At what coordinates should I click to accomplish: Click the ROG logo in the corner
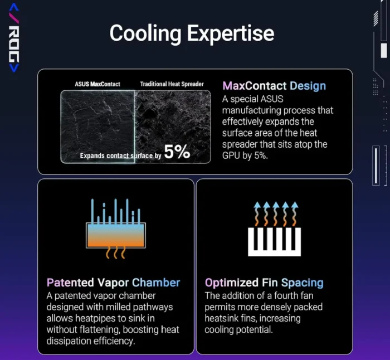pyautogui.click(x=14, y=37)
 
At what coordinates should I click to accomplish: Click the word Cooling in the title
pyautogui.click(x=145, y=34)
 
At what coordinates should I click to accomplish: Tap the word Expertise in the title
pyautogui.click(x=230, y=33)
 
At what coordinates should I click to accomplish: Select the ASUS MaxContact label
pyautogui.click(x=97, y=84)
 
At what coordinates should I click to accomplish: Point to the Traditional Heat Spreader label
pyautogui.click(x=172, y=84)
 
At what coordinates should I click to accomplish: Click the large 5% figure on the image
pyautogui.click(x=177, y=152)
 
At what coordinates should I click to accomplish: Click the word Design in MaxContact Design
pyautogui.click(x=308, y=86)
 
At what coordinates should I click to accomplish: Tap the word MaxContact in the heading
pyautogui.click(x=255, y=86)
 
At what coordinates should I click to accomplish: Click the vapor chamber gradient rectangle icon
pyautogui.click(x=116, y=235)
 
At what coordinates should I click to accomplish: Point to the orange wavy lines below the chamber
pyautogui.click(x=116, y=253)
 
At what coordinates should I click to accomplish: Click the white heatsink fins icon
pyautogui.click(x=274, y=242)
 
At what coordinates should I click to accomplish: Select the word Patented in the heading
pyautogui.click(x=70, y=283)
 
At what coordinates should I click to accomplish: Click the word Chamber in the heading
pyautogui.click(x=156, y=283)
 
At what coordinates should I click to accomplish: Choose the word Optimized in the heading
pyautogui.click(x=232, y=283)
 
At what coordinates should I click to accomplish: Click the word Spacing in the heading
pyautogui.click(x=302, y=283)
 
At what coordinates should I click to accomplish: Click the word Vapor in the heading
pyautogui.click(x=113, y=283)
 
